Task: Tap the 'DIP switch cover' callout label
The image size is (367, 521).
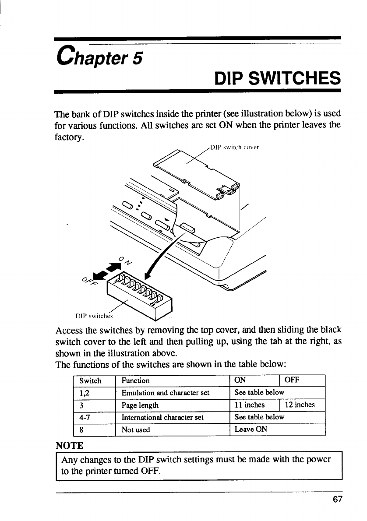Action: [235, 147]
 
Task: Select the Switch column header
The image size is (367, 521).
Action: [90, 380]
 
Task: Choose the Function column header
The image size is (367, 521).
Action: [135, 380]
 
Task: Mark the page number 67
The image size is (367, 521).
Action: [337, 499]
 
